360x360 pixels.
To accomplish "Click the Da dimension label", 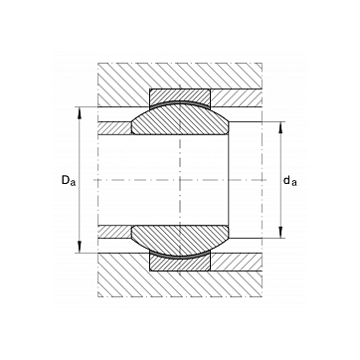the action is (x=69, y=181).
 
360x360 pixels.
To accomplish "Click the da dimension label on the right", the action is (x=290, y=181).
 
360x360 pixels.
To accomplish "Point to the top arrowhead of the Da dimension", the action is (x=80, y=112).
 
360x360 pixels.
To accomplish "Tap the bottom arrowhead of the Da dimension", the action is (x=80, y=247).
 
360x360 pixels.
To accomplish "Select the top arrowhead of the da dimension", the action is (x=280, y=127).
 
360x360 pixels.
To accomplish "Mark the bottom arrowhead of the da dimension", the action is (x=280, y=232).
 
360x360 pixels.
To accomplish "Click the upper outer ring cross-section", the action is (x=180, y=97).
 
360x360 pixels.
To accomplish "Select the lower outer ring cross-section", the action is (x=180, y=263).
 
